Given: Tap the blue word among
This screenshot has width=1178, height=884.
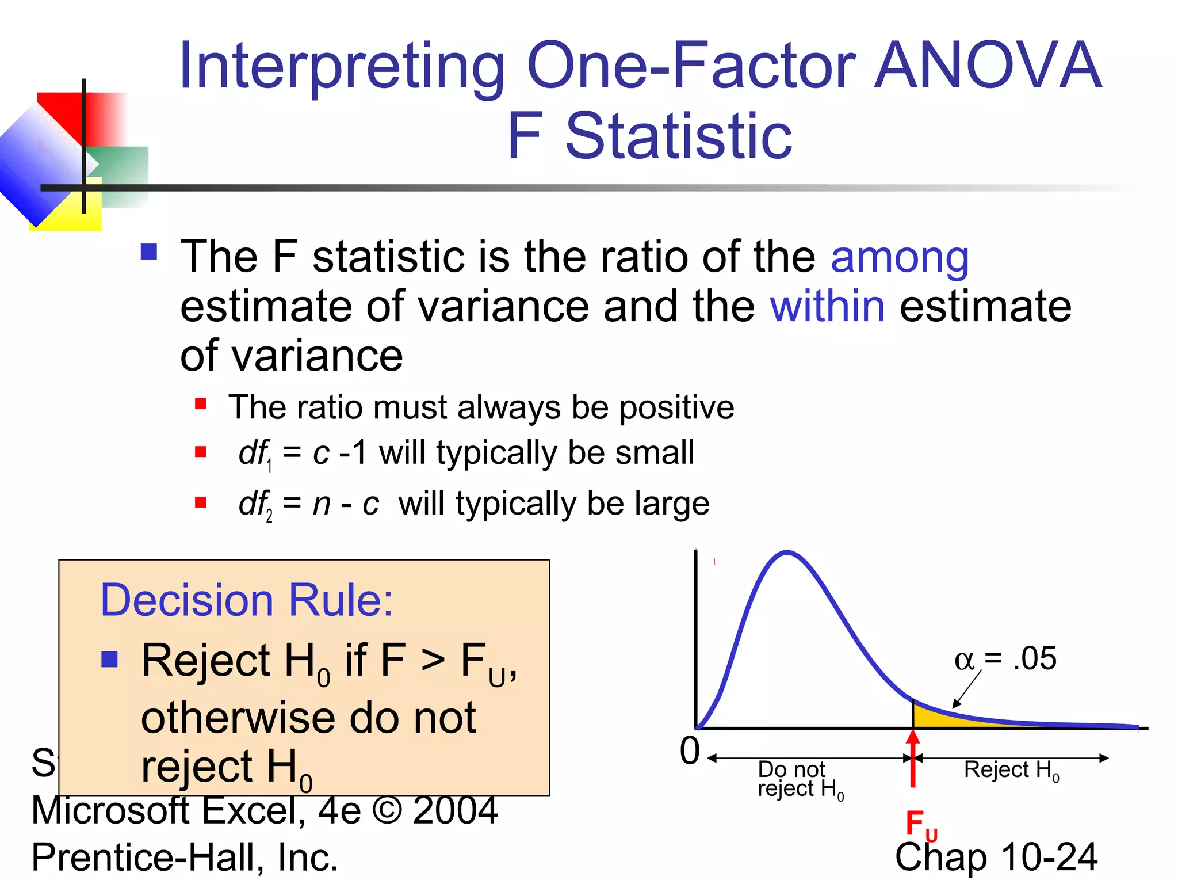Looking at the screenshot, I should tap(900, 257).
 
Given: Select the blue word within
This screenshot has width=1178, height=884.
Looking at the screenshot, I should tap(827, 306).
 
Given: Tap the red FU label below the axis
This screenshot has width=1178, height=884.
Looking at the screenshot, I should tap(920, 824).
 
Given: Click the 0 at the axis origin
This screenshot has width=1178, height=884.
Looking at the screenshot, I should tap(690, 750).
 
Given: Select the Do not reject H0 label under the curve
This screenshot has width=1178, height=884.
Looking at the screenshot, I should tap(800, 779).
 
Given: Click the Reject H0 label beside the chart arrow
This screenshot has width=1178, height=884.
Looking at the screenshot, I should tap(1011, 770).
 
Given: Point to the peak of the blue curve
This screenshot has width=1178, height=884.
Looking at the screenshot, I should tap(787, 553).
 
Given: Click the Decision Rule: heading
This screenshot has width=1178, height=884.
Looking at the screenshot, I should tap(246, 600).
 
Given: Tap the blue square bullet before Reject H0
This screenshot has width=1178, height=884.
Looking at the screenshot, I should tap(109, 659).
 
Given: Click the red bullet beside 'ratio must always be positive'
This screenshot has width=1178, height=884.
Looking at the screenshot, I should tap(200, 403).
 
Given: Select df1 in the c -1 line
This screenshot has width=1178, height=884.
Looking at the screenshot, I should tap(255, 454).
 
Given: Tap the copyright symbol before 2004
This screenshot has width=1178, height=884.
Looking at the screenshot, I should tap(387, 810).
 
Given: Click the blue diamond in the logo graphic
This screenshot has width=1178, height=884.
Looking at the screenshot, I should tap(40, 164).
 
